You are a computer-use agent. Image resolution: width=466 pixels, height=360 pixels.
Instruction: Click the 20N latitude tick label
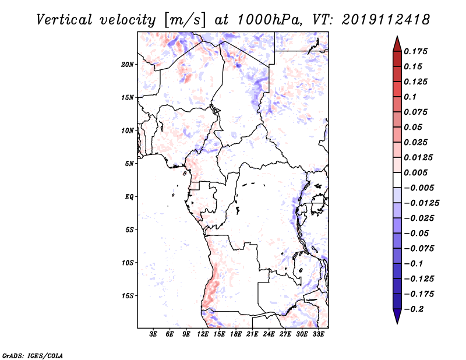[128, 65]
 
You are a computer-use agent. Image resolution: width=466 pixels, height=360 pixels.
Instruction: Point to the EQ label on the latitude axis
[129, 197]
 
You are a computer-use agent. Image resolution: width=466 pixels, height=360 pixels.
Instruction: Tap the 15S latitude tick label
[128, 296]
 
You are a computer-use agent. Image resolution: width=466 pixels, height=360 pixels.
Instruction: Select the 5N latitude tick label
[129, 164]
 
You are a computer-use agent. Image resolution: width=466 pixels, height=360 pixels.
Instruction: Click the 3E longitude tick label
[153, 334]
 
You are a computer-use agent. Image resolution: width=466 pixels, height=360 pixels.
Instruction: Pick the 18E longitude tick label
[236, 334]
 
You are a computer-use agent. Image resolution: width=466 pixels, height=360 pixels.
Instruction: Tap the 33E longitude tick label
[318, 334]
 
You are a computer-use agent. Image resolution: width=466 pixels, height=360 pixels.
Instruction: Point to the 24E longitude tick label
[269, 334]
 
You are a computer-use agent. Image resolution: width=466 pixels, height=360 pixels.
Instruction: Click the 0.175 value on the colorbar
[415, 51]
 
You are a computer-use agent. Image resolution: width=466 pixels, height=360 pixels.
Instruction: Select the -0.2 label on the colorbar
[414, 309]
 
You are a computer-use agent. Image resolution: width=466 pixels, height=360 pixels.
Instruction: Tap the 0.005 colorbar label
[415, 172]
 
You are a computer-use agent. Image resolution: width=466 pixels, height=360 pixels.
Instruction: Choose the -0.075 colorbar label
[419, 249]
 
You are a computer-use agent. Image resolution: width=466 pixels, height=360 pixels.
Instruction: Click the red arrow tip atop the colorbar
[397, 36]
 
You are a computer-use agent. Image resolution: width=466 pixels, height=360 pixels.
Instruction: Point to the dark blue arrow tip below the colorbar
[397, 323]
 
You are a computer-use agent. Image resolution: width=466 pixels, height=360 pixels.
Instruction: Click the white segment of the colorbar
[397, 180]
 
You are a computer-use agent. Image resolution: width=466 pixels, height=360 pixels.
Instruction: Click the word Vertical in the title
[64, 20]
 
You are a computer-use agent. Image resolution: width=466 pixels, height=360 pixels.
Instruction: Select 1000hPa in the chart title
[267, 20]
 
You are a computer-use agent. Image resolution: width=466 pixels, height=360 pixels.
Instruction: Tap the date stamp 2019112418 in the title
[386, 20]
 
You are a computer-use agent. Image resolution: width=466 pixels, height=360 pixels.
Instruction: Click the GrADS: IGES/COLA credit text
[33, 356]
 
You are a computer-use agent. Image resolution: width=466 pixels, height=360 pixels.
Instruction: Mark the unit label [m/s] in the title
[185, 20]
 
